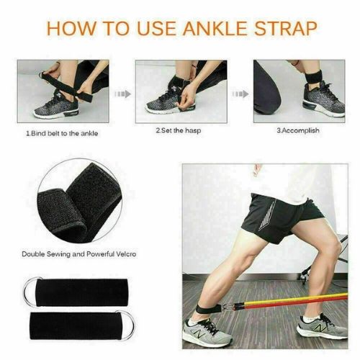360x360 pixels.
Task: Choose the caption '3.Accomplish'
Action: pyautogui.click(x=297, y=131)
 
